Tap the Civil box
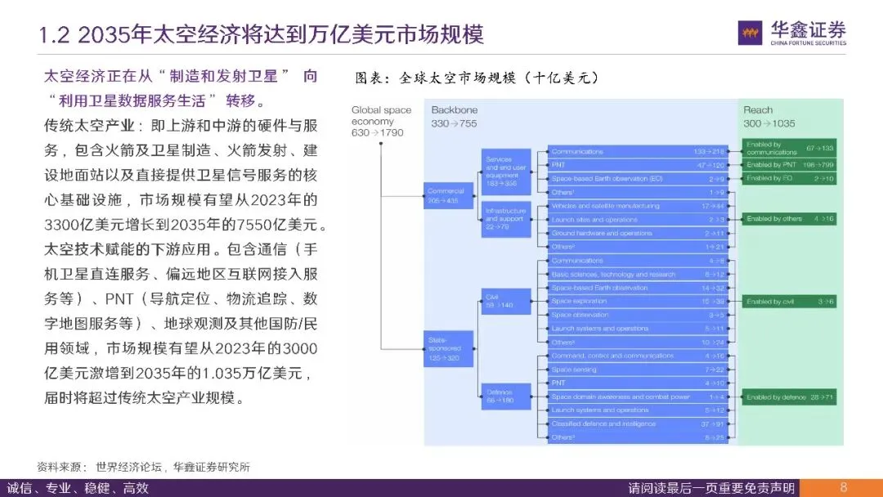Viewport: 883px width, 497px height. (507, 300)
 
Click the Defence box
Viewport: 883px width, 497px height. (507, 396)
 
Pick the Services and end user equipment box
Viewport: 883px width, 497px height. (507, 167)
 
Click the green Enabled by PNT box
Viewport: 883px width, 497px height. (790, 164)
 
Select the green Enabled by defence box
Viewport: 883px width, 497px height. (790, 397)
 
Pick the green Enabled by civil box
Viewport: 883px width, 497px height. (790, 302)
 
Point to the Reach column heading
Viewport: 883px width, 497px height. (758, 110)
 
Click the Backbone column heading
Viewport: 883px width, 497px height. (454, 110)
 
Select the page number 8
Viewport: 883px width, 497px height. (843, 487)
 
